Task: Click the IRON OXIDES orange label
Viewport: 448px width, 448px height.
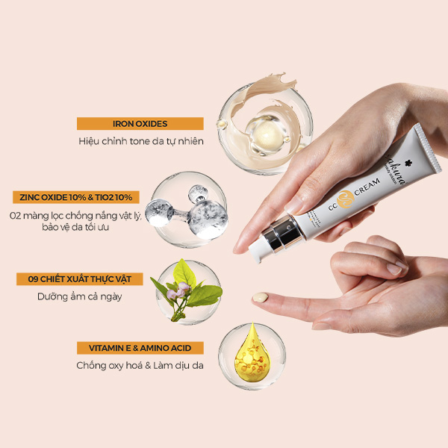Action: tap(140, 124)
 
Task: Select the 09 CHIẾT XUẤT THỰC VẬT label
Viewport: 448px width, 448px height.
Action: tap(80, 279)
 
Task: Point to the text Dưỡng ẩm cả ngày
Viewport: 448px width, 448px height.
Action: tap(80, 296)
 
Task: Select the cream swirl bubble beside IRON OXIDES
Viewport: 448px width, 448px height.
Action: tap(264, 121)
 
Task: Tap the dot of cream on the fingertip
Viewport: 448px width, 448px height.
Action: tap(260, 298)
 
